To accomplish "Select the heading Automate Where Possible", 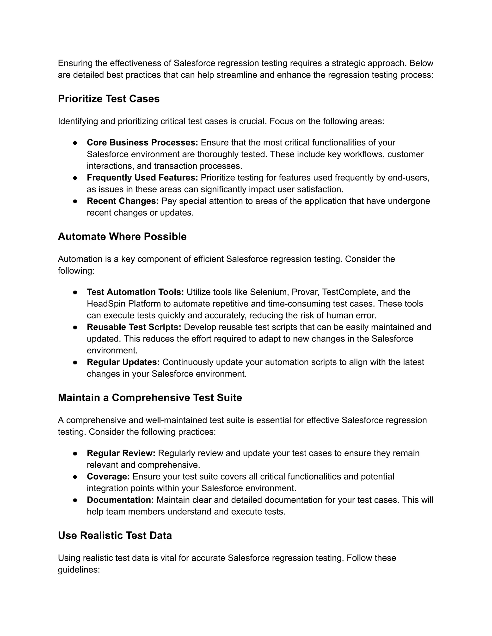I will [122, 236].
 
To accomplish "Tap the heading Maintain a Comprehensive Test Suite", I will [150, 397].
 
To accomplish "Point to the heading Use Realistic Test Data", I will [115, 535].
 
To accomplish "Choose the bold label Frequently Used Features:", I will [142, 177].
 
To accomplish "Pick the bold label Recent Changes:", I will [123, 201].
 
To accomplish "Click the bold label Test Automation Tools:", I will [135, 292].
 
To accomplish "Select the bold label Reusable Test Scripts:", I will [134, 327].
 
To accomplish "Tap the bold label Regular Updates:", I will [123, 362].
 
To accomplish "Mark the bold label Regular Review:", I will [121, 453].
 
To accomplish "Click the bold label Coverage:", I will [108, 476].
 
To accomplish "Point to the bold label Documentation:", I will [120, 500].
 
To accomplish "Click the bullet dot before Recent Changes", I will [75, 201].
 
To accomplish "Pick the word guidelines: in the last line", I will [79, 570].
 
